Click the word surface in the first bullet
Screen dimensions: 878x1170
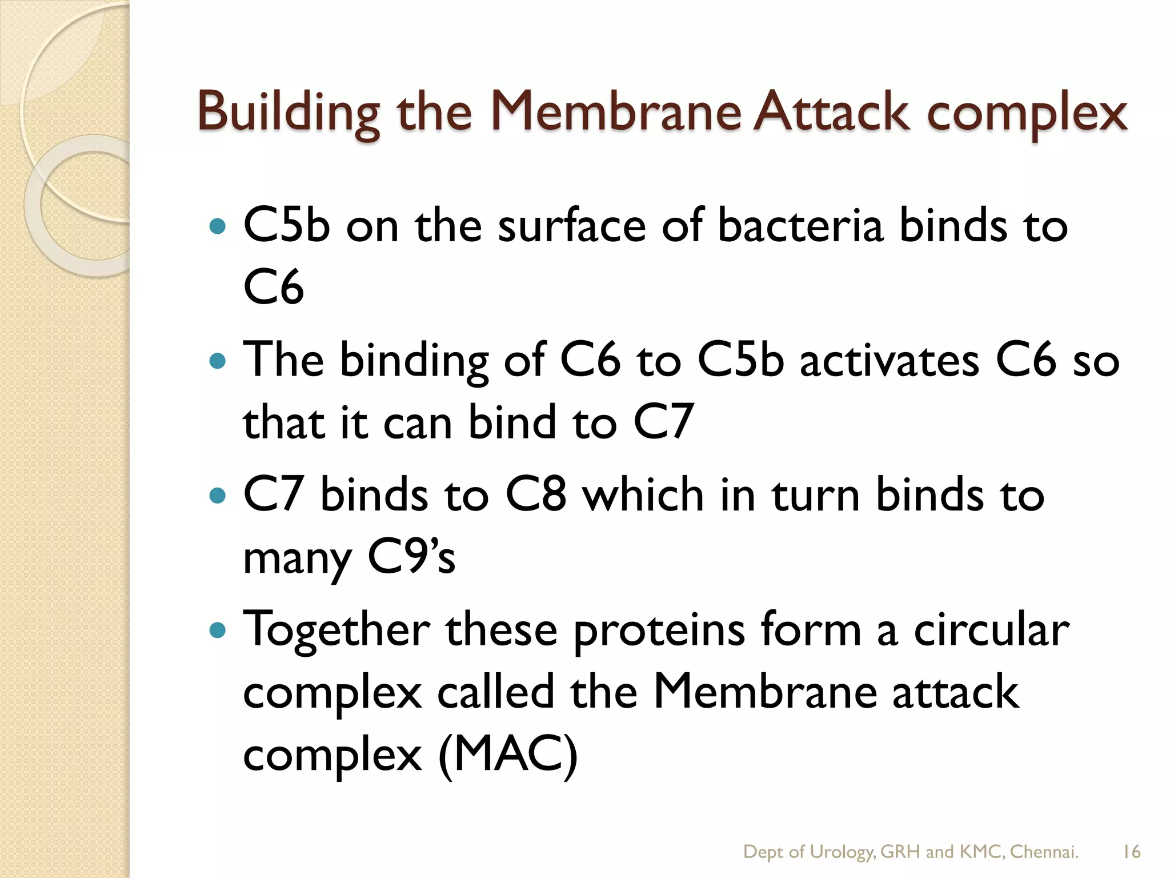click(572, 226)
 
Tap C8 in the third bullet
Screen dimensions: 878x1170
click(536, 495)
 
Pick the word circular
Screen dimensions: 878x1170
click(992, 630)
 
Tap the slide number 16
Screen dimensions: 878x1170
click(1131, 852)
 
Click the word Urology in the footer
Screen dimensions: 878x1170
click(842, 852)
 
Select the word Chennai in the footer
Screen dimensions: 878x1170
click(1044, 852)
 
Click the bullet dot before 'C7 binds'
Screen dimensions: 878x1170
click(218, 495)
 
